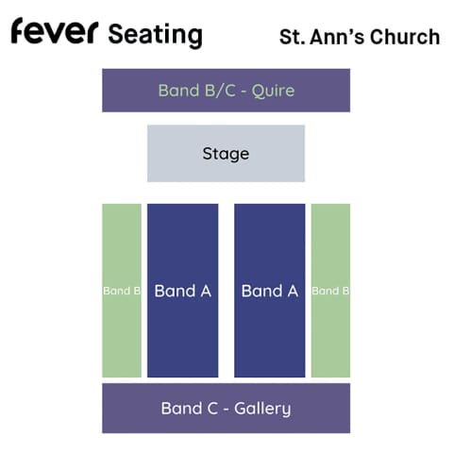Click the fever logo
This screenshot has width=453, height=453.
tap(55, 30)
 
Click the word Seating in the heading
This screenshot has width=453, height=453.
tap(156, 35)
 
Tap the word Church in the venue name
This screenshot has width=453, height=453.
tap(405, 37)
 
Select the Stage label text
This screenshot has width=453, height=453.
tap(226, 154)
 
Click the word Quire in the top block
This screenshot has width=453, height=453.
tap(273, 91)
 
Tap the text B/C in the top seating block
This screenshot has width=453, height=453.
tap(220, 91)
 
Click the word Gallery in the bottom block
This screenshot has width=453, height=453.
tap(262, 409)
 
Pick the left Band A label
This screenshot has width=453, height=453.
tap(183, 291)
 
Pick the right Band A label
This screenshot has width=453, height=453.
tap(270, 291)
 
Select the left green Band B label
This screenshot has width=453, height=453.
tap(122, 291)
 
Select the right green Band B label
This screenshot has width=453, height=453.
tap(330, 291)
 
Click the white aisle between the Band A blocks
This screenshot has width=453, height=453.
tap(226, 291)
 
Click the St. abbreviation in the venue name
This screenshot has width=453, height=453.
tap(292, 37)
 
